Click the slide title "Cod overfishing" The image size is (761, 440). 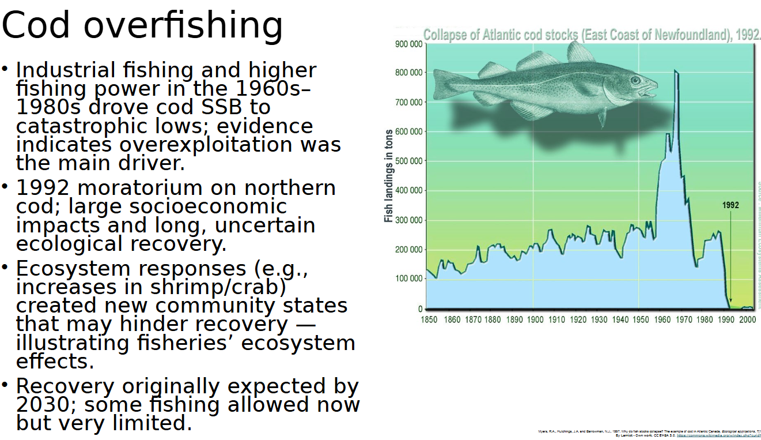tap(142, 26)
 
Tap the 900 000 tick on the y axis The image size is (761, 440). tap(408, 44)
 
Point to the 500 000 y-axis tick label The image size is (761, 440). tap(408, 161)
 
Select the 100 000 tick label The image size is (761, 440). tap(408, 279)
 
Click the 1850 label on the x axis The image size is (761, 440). tap(429, 319)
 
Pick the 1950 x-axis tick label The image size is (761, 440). tap(641, 319)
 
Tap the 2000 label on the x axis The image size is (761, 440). tap(747, 319)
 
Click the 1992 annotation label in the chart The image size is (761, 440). tap(730, 205)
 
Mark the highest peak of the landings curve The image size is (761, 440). tap(676, 72)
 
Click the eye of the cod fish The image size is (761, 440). tap(635, 80)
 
